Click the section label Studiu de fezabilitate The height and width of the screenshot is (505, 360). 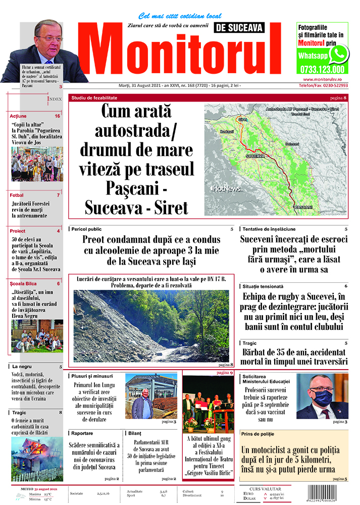[94, 96]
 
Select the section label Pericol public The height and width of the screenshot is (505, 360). [86, 229]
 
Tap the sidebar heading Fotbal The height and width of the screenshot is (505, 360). [17, 195]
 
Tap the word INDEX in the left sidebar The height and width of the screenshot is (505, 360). [54, 99]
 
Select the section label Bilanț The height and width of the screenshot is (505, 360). [135, 433]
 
